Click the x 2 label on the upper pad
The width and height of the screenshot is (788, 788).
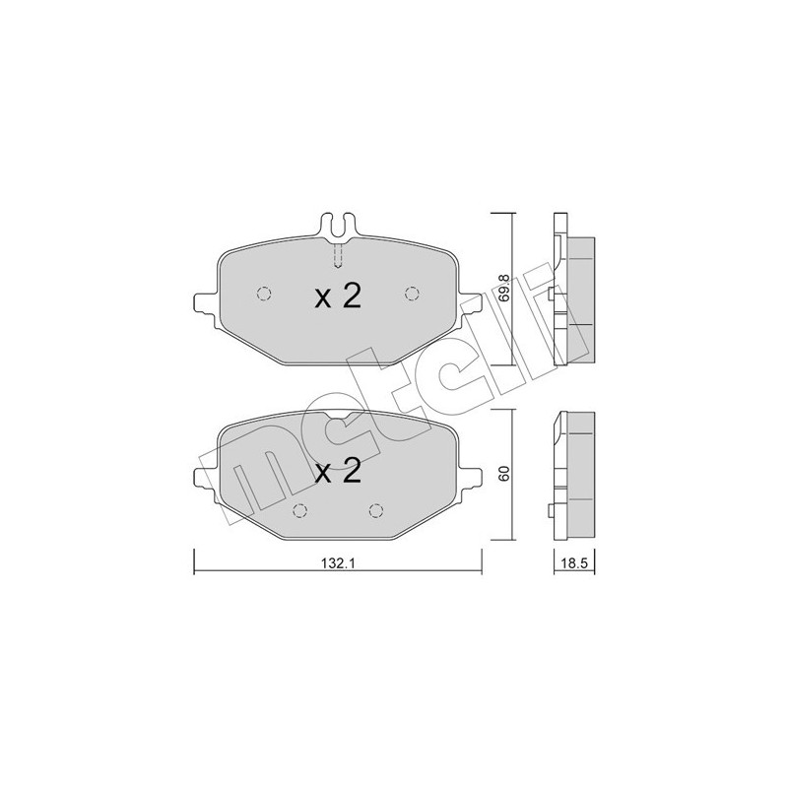338,296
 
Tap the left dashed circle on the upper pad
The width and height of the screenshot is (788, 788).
263,293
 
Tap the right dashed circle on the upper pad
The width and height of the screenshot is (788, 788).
412,293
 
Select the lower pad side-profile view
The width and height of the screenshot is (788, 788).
570,475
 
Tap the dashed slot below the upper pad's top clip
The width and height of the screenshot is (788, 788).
338,255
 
